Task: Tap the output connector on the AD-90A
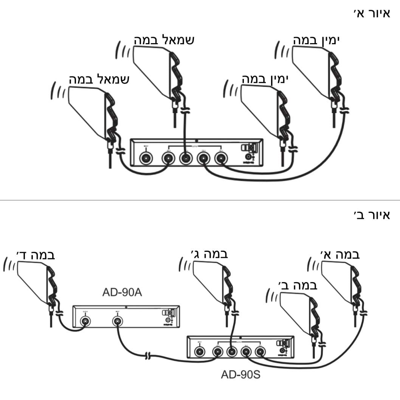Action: (86, 322)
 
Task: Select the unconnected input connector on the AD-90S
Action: (200, 352)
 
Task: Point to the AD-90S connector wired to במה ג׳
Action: (231, 352)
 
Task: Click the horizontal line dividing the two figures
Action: (200, 200)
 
